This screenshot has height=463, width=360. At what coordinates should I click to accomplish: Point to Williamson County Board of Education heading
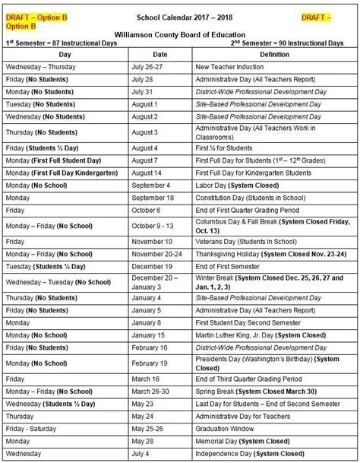[179, 35]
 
